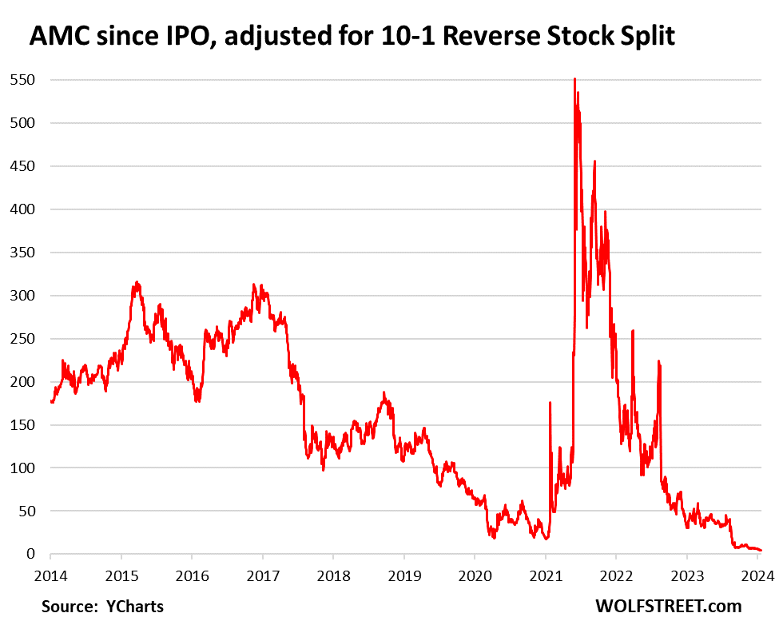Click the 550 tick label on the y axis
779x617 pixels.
click(x=22, y=80)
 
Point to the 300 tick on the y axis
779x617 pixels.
click(x=22, y=296)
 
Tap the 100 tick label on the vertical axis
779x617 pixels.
click(x=22, y=468)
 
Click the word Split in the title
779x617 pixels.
click(x=641, y=36)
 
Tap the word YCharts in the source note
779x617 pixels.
click(x=135, y=606)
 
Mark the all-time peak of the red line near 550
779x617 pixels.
click(x=574, y=79)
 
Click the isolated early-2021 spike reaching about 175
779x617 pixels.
click(x=550, y=403)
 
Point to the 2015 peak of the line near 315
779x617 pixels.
click(x=137, y=282)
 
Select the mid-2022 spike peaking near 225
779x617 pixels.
click(x=658, y=361)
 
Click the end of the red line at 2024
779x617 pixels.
click(x=761, y=550)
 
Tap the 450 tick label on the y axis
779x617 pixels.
click(x=22, y=166)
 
